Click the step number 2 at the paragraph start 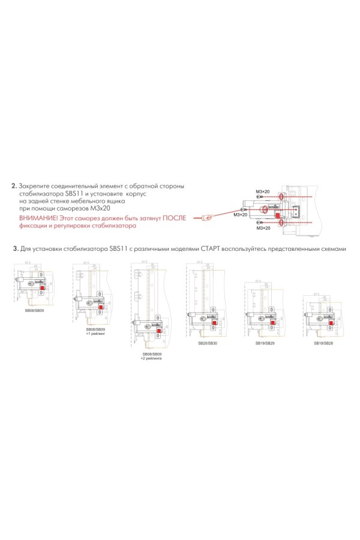click(14, 186)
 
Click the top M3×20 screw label click(263, 191)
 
